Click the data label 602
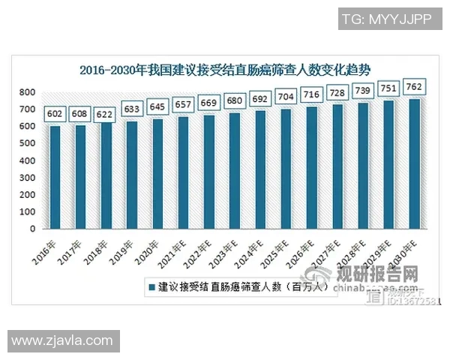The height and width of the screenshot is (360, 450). point(55,114)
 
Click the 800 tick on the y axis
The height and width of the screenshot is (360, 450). point(27,92)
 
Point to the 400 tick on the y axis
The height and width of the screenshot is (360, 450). point(27,160)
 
